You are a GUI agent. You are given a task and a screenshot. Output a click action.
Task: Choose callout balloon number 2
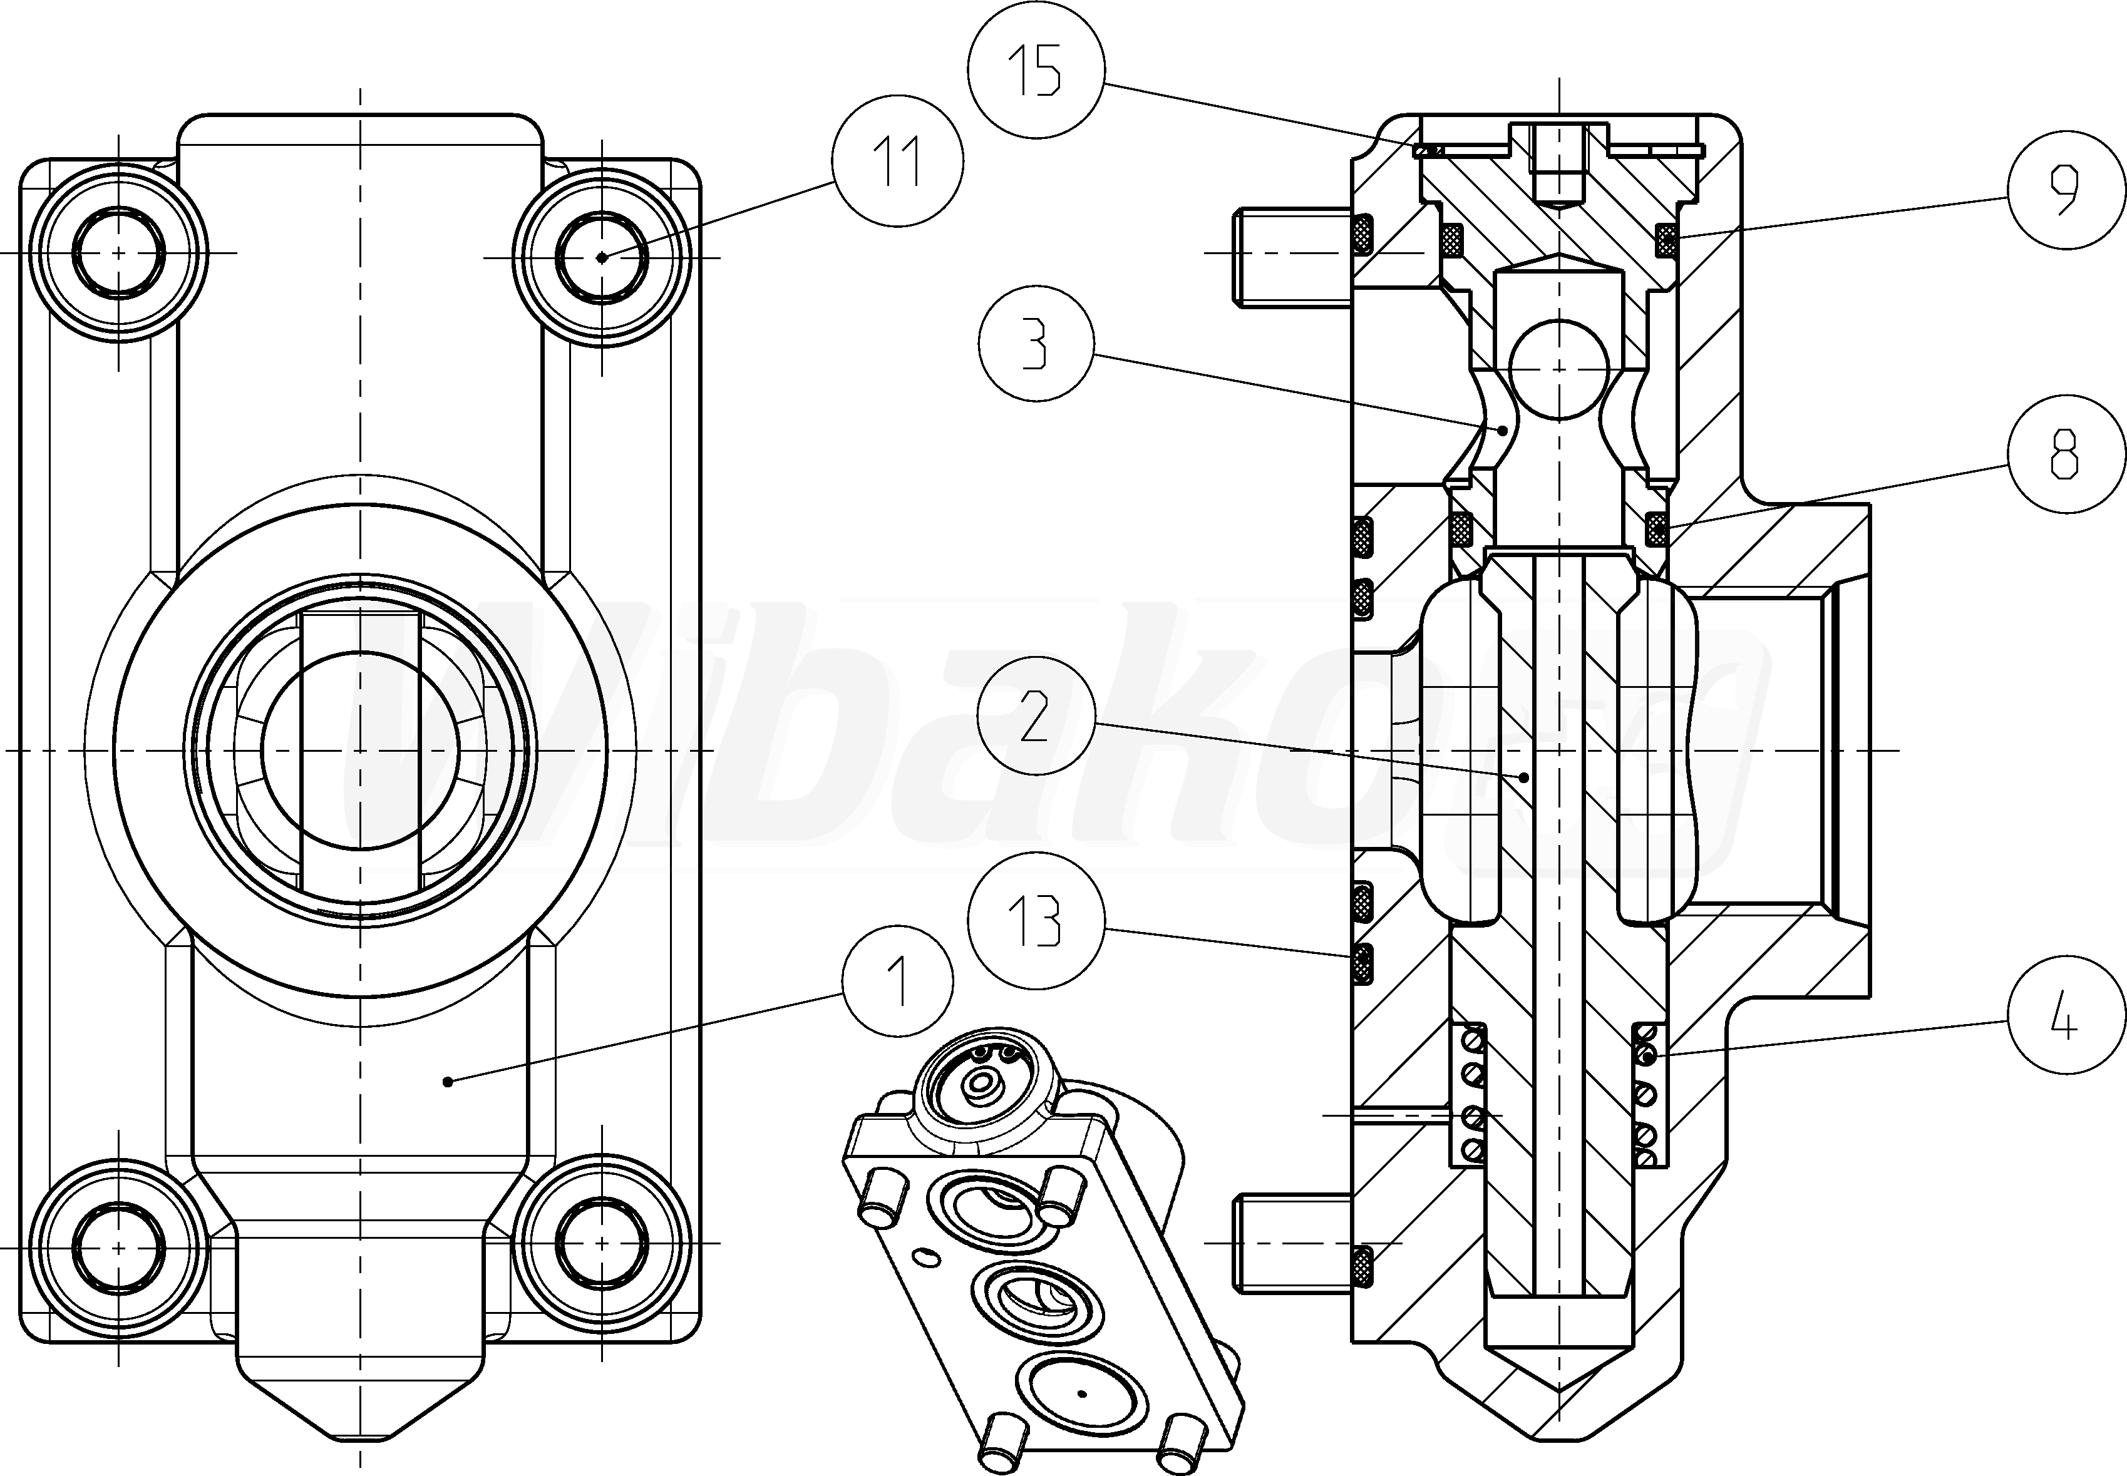[1036, 717]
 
